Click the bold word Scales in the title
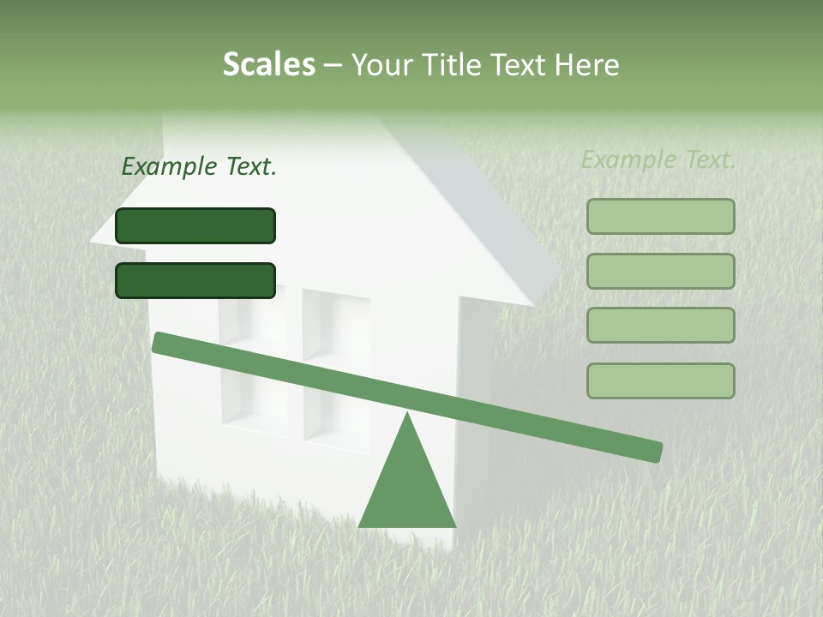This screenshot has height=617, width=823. [268, 64]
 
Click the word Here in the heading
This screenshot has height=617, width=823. [588, 64]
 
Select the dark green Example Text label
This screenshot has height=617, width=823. [199, 167]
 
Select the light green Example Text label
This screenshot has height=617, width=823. [658, 159]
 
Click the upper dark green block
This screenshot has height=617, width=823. [195, 225]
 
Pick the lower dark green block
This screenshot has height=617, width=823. [195, 280]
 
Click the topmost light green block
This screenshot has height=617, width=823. [660, 216]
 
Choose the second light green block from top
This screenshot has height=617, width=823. [660, 271]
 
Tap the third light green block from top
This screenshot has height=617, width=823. [660, 326]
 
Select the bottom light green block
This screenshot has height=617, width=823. [660, 380]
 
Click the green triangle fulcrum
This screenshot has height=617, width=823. [407, 484]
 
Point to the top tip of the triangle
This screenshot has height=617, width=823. [407, 415]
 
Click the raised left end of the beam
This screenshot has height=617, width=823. [159, 342]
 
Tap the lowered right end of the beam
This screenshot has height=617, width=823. [655, 452]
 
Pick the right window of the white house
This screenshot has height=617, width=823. [336, 368]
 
